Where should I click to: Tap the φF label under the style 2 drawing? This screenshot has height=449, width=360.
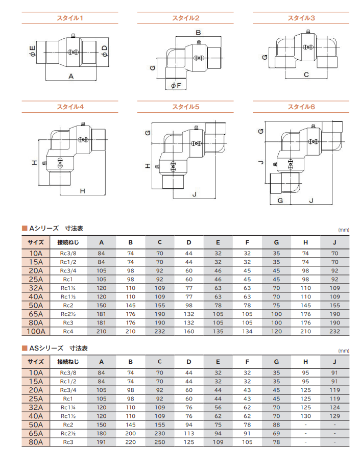point(176,85)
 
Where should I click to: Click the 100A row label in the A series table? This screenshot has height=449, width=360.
point(36,331)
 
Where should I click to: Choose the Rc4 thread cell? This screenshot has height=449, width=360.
point(68,331)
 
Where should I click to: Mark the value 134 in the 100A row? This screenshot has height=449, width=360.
point(247,331)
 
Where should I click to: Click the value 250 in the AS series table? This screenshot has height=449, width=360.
point(159,442)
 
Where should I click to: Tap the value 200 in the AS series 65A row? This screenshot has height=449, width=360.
point(131,433)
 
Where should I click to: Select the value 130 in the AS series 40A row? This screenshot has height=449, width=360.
point(305,416)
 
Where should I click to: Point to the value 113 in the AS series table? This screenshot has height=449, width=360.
point(189,433)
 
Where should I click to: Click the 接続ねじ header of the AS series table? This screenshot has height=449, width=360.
point(68,362)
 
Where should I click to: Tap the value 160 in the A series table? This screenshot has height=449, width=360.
point(189,331)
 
